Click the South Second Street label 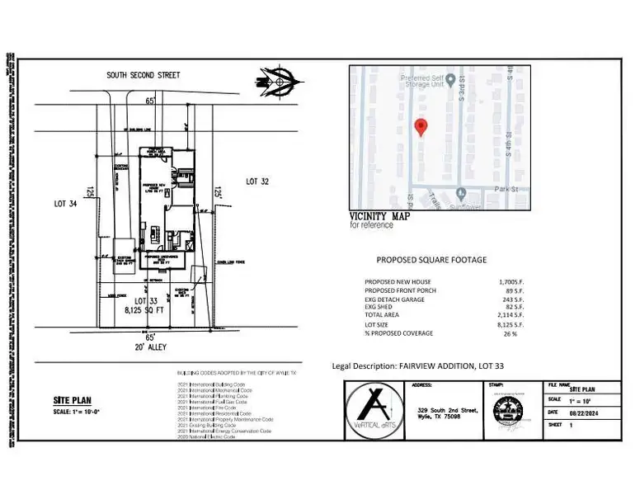(143, 75)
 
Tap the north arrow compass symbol (279, 80)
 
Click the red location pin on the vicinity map (421, 128)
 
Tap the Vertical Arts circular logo (375, 409)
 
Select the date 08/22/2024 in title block (582, 413)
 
